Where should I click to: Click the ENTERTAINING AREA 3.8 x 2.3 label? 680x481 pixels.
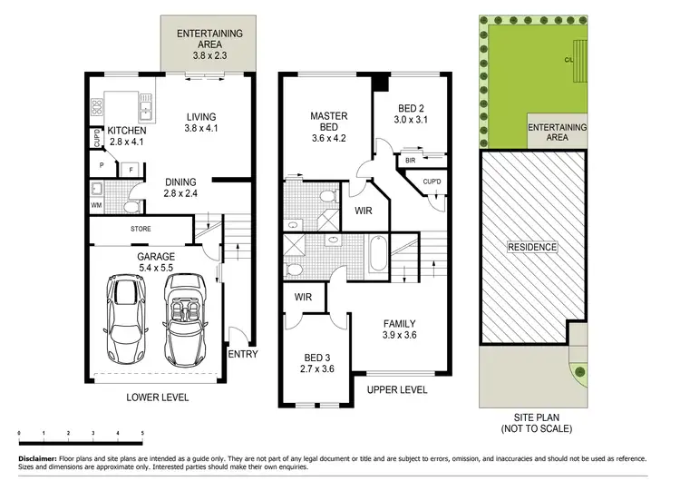coord(209,44)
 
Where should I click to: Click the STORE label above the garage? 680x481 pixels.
coord(141,229)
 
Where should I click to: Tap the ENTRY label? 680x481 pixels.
coord(242,354)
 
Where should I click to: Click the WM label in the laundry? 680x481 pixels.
coord(97,206)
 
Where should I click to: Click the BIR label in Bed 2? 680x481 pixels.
coord(410,161)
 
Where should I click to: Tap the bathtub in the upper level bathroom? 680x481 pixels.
coord(379,253)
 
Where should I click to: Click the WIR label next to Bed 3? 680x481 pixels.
coord(304,297)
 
